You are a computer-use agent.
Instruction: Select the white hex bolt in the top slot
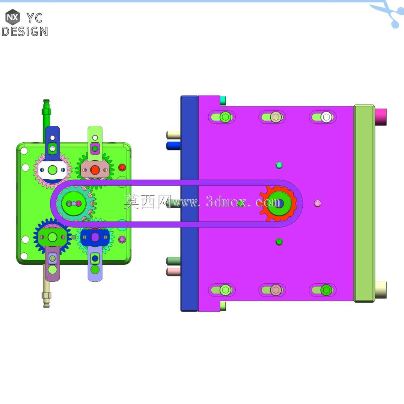(x=326, y=117)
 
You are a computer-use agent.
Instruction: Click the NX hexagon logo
(x=12, y=17)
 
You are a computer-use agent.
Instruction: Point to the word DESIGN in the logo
(x=25, y=32)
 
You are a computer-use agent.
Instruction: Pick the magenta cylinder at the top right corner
(x=381, y=117)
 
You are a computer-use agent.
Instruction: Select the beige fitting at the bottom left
(x=47, y=294)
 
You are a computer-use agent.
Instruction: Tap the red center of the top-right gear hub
(x=95, y=170)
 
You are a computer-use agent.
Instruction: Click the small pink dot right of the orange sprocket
(x=317, y=204)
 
